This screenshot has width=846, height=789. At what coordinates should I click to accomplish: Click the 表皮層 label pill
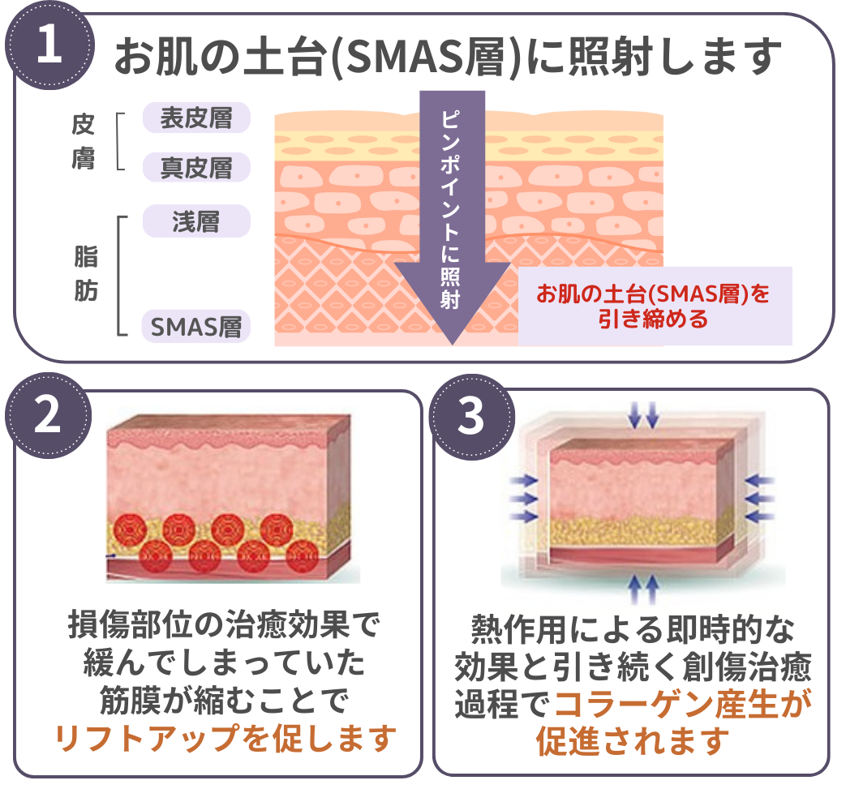coord(196,118)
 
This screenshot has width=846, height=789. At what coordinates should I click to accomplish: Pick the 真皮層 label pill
coord(196,168)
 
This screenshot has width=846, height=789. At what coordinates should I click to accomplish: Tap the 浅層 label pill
coord(196,221)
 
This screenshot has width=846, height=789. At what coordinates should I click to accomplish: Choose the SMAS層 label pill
coord(196,327)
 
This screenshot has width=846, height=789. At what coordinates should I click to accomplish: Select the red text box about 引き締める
coord(654,306)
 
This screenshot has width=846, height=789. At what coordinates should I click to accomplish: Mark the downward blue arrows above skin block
coord(644,416)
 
